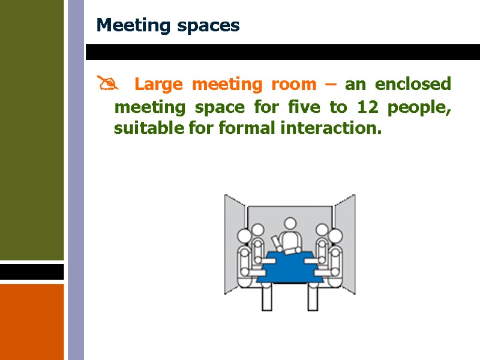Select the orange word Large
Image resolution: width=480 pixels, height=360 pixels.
click(x=158, y=85)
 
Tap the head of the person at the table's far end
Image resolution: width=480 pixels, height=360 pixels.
click(x=290, y=224)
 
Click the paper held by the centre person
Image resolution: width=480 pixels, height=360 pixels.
click(x=276, y=243)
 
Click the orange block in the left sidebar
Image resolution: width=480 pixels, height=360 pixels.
click(x=32, y=321)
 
